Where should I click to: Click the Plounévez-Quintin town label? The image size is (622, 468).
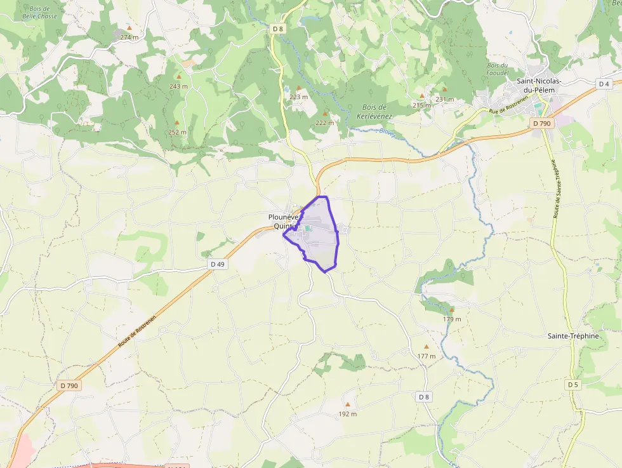282,221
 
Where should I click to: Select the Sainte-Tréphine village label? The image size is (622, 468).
573,336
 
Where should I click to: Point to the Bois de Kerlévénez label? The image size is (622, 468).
374,112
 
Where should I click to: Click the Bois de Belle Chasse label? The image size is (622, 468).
39,12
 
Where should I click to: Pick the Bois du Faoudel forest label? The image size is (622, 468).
498,69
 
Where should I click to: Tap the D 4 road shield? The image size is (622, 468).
604,84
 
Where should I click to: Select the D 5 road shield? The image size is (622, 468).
573,385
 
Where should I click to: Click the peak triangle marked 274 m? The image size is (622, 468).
129,29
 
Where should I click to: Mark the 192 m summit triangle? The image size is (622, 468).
347,404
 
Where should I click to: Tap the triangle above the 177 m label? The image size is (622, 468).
427,347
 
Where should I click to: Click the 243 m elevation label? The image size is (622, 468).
178,86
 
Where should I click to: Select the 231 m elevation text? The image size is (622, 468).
445,99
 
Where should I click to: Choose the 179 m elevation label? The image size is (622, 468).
452,319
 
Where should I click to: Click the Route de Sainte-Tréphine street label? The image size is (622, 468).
557,189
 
